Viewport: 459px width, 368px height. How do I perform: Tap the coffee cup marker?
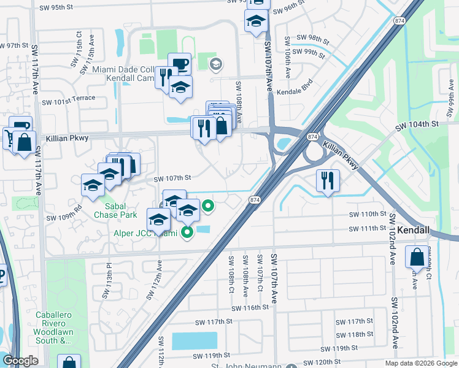(179, 64)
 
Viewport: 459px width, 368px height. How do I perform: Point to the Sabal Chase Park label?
(115, 210)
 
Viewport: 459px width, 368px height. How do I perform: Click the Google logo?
(20, 361)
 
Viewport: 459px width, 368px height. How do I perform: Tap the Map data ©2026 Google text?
(421, 362)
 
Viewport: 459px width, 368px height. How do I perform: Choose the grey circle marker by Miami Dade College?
(215, 64)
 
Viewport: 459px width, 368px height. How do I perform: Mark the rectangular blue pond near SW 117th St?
(195, 340)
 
